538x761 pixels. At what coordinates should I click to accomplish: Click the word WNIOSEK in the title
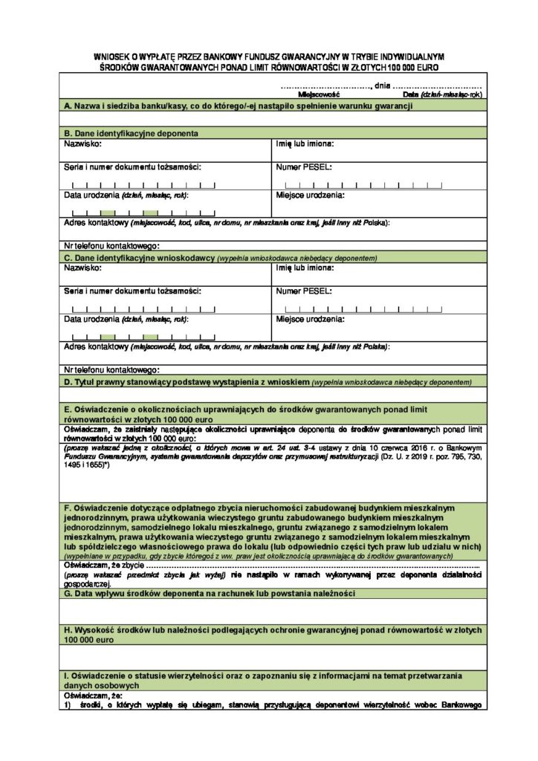(111, 56)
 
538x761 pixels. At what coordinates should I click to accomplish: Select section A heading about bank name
(238, 108)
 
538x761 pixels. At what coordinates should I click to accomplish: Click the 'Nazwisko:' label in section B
(82, 143)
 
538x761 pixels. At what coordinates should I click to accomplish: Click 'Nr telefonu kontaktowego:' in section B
(111, 245)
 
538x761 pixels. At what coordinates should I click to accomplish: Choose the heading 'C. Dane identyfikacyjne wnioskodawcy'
(138, 257)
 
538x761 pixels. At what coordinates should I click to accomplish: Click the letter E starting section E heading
(68, 409)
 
